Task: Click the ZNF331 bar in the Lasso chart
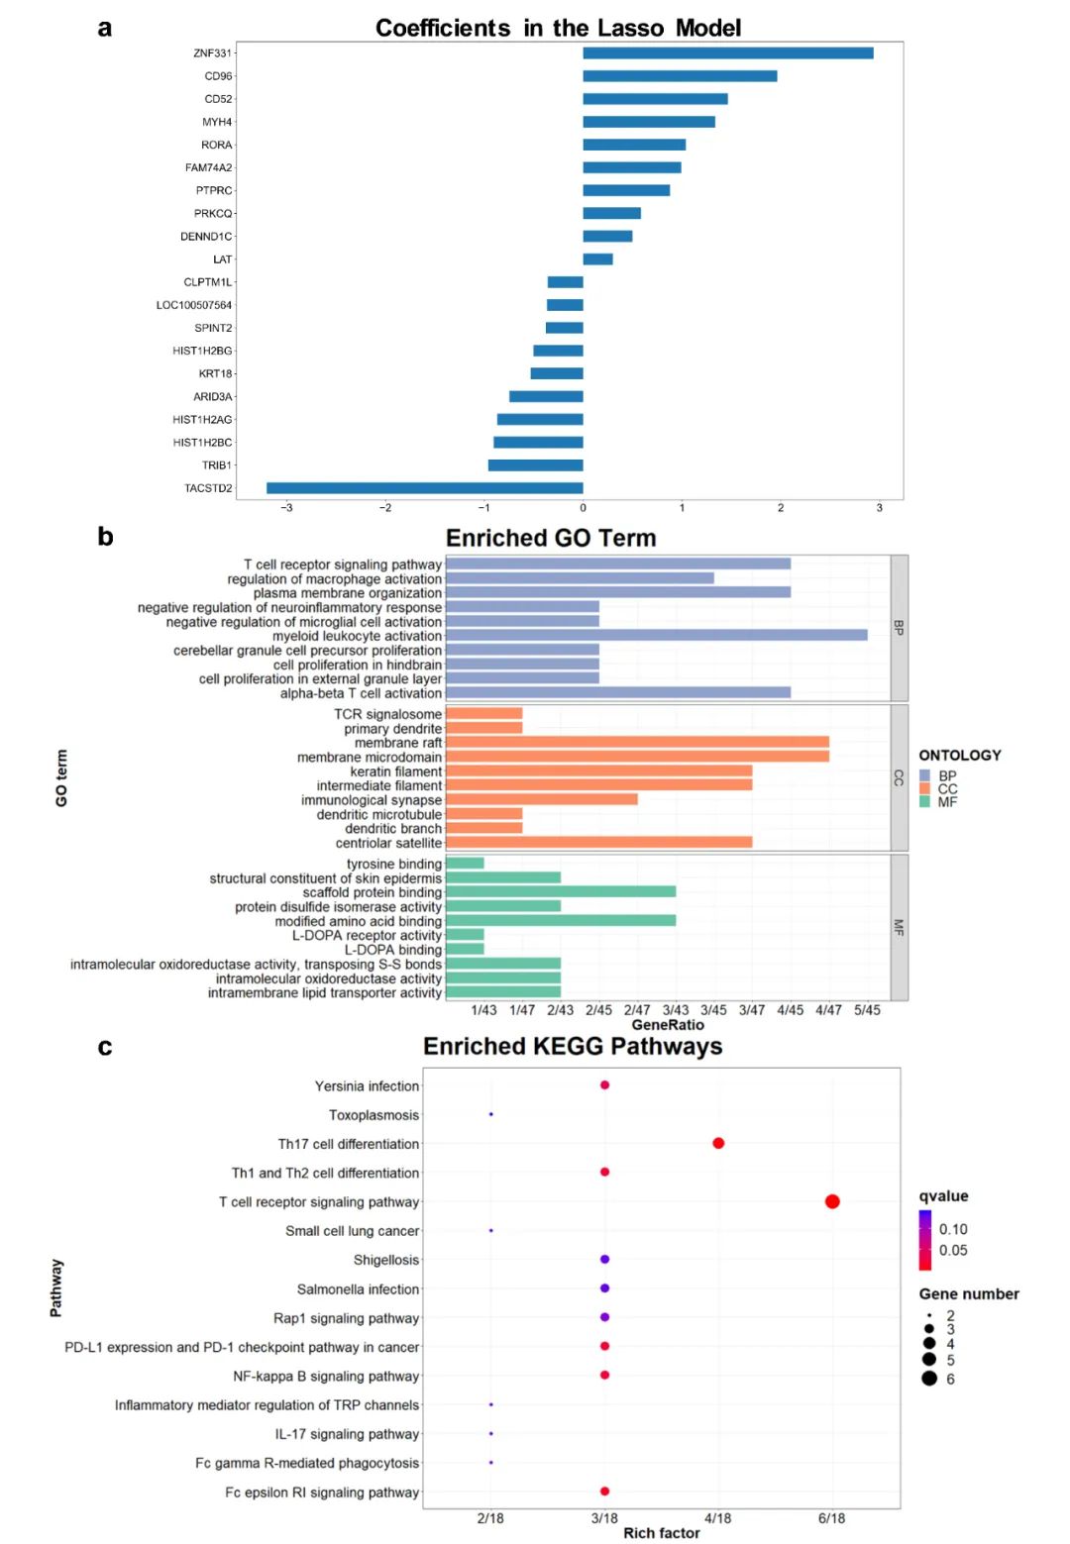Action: (727, 53)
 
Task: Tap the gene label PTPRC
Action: (214, 190)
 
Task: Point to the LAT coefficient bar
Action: (597, 259)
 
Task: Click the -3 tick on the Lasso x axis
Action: (286, 508)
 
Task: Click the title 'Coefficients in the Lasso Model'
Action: (558, 28)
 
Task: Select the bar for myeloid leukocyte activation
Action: (656, 636)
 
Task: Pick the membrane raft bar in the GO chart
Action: (637, 743)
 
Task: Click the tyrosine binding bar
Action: (465, 864)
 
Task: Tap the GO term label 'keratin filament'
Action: (396, 772)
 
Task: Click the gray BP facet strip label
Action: (899, 628)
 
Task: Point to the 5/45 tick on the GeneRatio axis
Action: (867, 1010)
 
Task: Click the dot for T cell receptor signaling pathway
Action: (832, 1201)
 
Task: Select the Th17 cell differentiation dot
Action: (718, 1143)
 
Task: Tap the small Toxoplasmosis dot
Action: (490, 1114)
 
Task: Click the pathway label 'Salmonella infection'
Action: (359, 1289)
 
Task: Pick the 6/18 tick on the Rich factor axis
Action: (832, 1518)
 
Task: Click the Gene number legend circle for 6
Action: (928, 1379)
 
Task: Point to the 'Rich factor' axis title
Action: (661, 1533)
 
